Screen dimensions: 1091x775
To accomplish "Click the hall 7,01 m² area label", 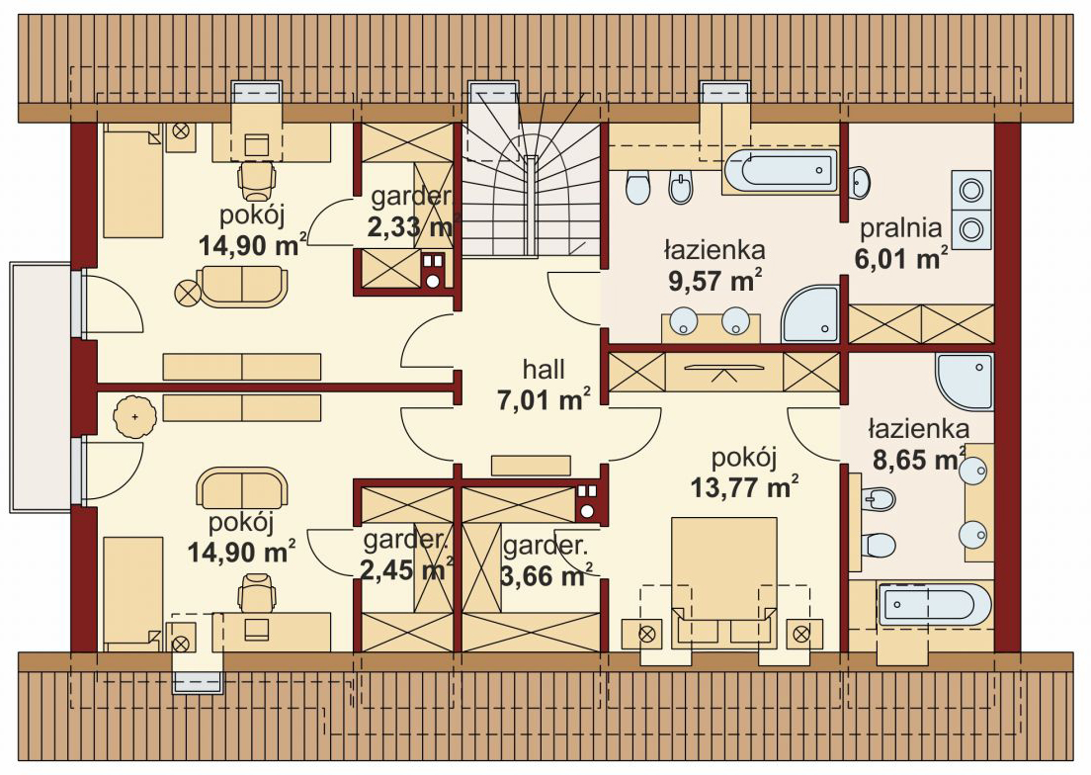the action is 545,385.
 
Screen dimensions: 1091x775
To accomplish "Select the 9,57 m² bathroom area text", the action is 714,281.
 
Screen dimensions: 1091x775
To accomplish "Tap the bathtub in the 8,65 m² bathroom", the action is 934,605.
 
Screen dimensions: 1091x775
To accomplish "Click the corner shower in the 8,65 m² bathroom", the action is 965,382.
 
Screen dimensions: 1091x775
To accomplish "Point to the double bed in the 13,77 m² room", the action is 723,582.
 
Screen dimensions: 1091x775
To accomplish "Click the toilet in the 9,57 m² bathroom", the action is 637,187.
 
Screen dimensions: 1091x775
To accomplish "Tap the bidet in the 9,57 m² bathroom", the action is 681,187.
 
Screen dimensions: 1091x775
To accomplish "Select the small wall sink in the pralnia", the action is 860,182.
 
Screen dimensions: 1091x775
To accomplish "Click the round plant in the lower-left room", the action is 133,416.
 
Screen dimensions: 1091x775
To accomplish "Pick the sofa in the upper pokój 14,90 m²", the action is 241,286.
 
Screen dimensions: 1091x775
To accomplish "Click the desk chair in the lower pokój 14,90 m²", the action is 255,592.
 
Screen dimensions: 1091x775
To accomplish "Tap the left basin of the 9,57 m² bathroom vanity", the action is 683,320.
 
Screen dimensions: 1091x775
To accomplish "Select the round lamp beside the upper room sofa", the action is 187,291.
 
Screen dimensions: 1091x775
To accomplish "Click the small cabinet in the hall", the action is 531,465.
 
